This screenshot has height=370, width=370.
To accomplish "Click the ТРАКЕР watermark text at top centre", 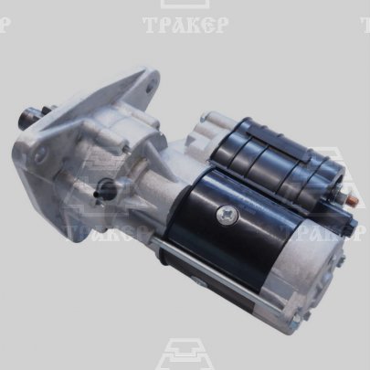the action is coord(185,25).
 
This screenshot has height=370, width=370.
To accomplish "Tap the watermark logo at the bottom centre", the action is coord(185,354).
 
